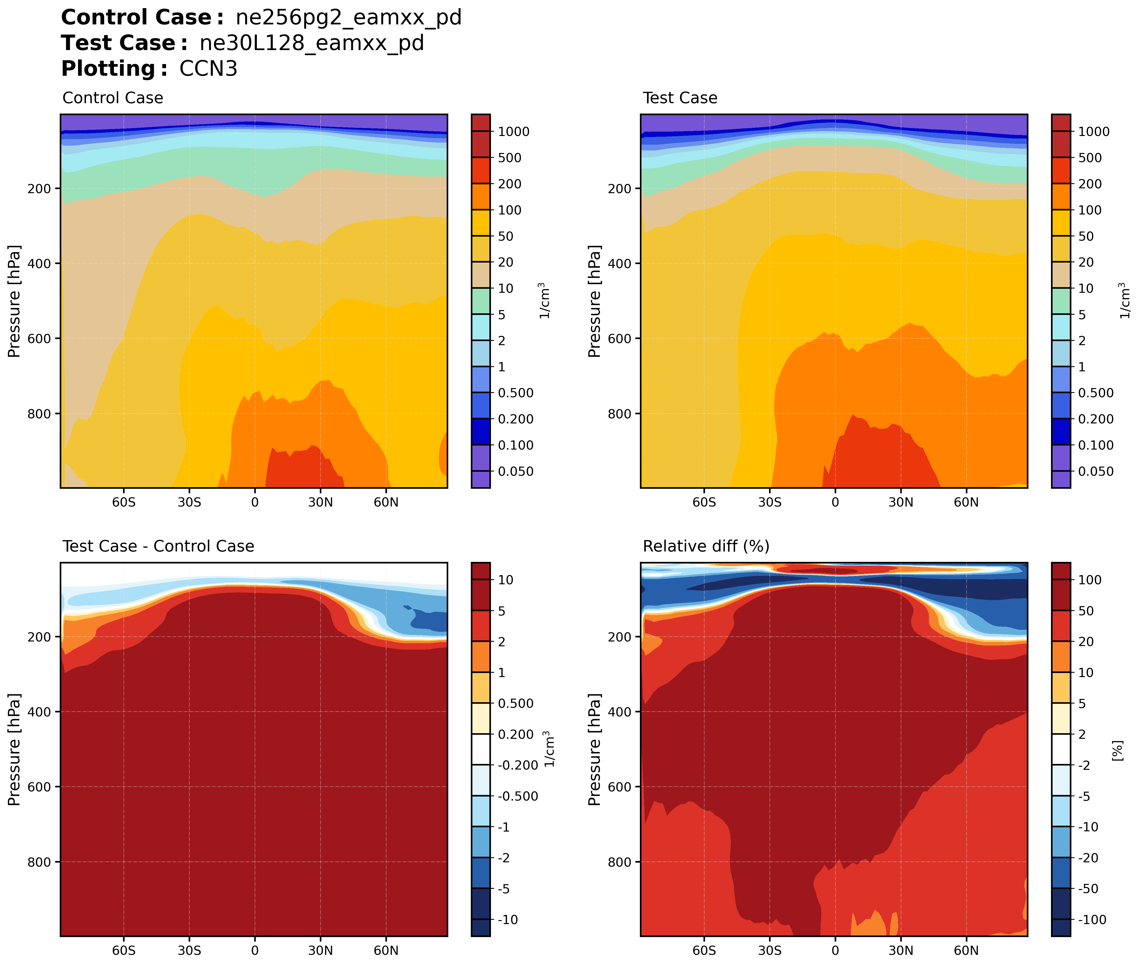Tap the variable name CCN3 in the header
[208, 69]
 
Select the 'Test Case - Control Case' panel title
[158, 546]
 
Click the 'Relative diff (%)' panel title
[706, 546]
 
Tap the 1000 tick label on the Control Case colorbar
[513, 132]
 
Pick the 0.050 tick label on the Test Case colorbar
[1096, 471]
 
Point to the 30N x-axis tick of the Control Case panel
[320, 502]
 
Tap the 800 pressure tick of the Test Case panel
[620, 414]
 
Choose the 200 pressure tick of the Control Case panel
[39, 189]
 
